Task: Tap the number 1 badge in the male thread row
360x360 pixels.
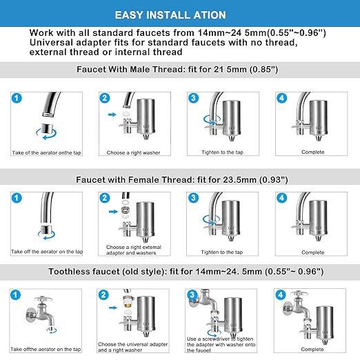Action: point(19,100)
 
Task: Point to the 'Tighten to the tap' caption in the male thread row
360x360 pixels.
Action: point(219,152)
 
